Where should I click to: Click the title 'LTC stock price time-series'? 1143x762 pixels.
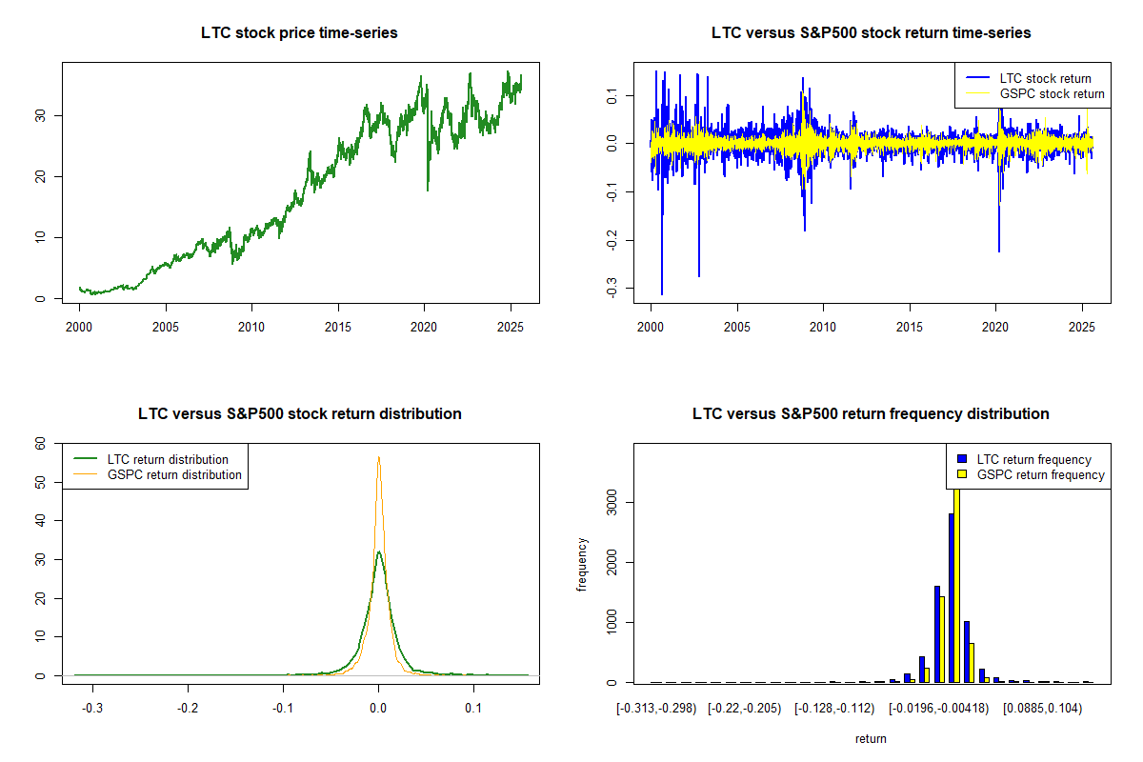[x=299, y=33]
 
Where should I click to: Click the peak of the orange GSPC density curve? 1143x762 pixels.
[x=379, y=457]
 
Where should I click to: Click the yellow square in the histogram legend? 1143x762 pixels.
[x=963, y=474]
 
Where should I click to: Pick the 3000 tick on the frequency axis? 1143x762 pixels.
[x=613, y=502]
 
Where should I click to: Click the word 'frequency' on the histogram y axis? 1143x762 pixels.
[x=582, y=564]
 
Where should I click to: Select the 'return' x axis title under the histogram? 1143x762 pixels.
[x=871, y=738]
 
